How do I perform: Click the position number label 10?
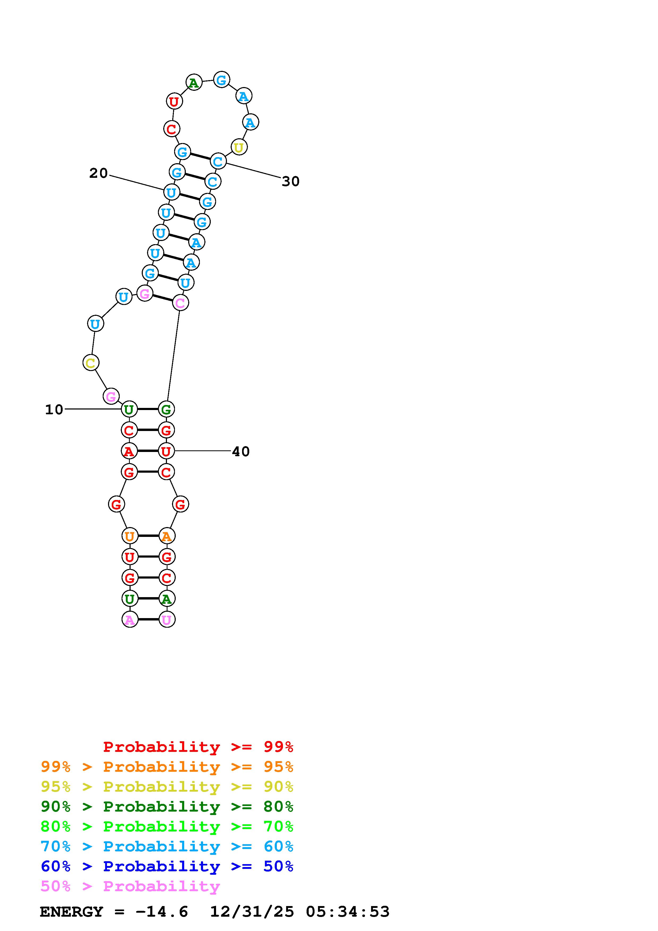pyautogui.click(x=54, y=410)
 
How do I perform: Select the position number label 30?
pyautogui.click(x=291, y=181)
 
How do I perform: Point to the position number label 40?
pyautogui.click(x=241, y=451)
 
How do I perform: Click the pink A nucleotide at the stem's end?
pyautogui.click(x=130, y=619)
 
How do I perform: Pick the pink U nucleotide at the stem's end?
pyautogui.click(x=167, y=619)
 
